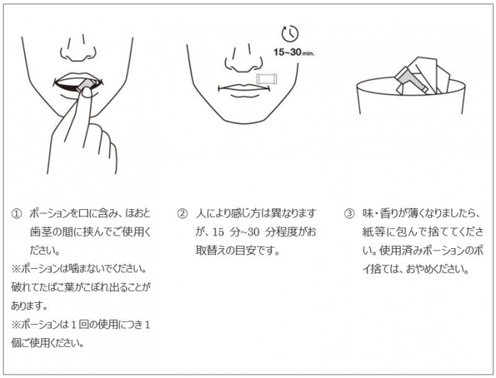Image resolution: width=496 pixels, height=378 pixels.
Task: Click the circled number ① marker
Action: point(17,213)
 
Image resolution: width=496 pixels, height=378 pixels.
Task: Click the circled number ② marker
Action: point(182,213)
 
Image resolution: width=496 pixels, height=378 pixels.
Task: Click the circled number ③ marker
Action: point(349,213)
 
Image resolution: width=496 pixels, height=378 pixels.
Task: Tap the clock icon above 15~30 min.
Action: point(290,33)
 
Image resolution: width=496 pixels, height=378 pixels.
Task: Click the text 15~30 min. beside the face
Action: point(291,52)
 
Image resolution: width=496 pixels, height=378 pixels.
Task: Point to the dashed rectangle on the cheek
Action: point(266,79)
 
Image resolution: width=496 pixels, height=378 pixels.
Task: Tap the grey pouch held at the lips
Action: point(85,85)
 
